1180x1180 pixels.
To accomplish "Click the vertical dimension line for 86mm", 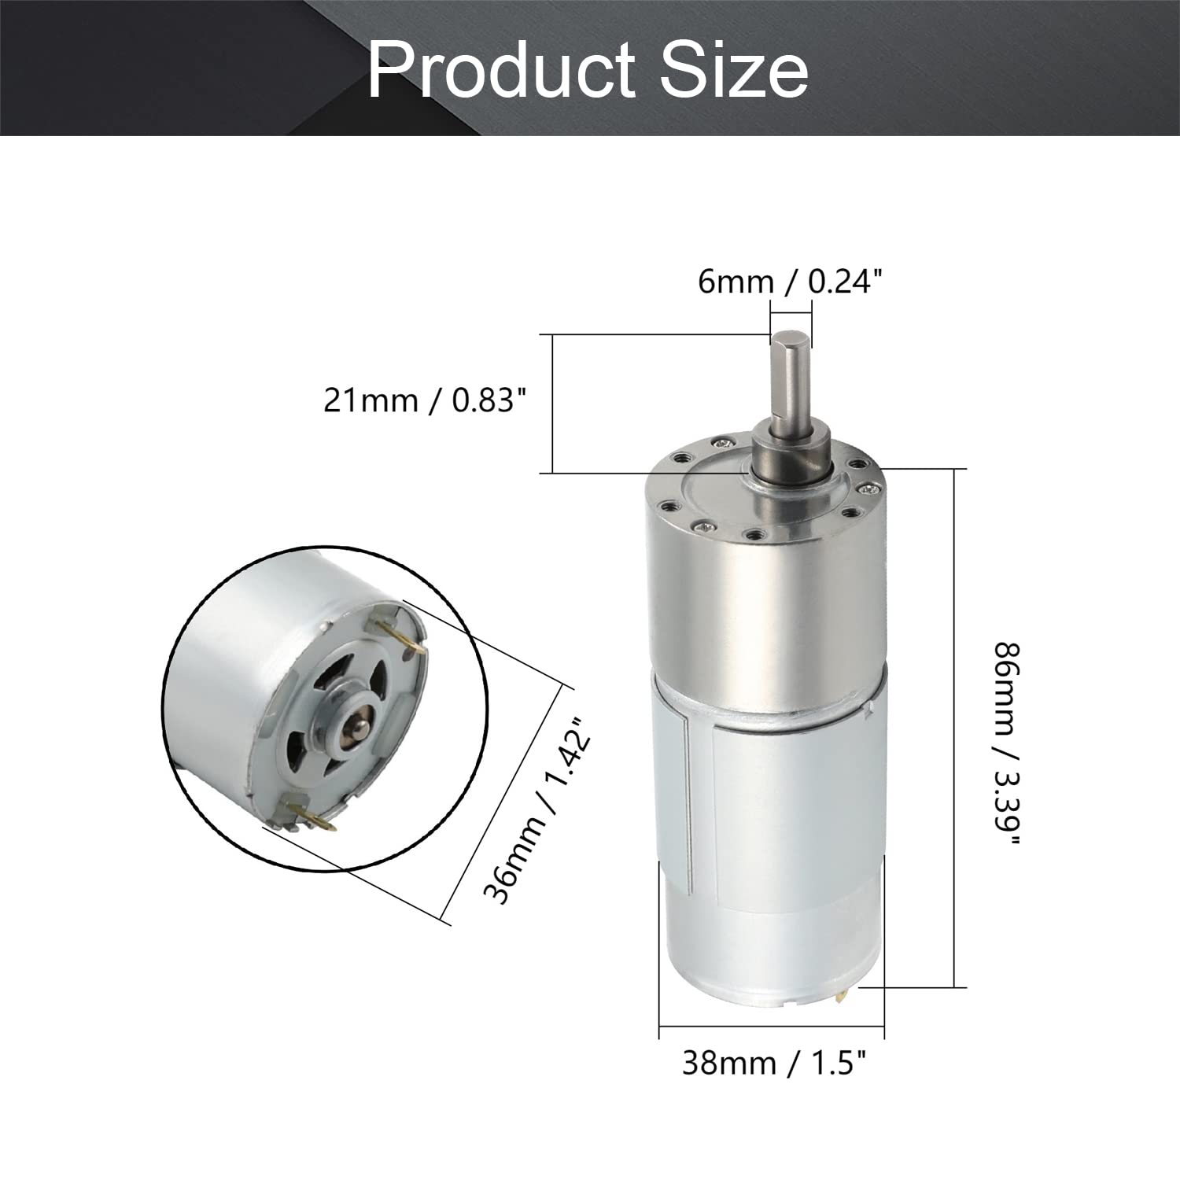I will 955,728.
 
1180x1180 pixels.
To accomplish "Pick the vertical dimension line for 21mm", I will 552,404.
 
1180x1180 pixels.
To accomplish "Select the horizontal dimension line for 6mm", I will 791,313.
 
